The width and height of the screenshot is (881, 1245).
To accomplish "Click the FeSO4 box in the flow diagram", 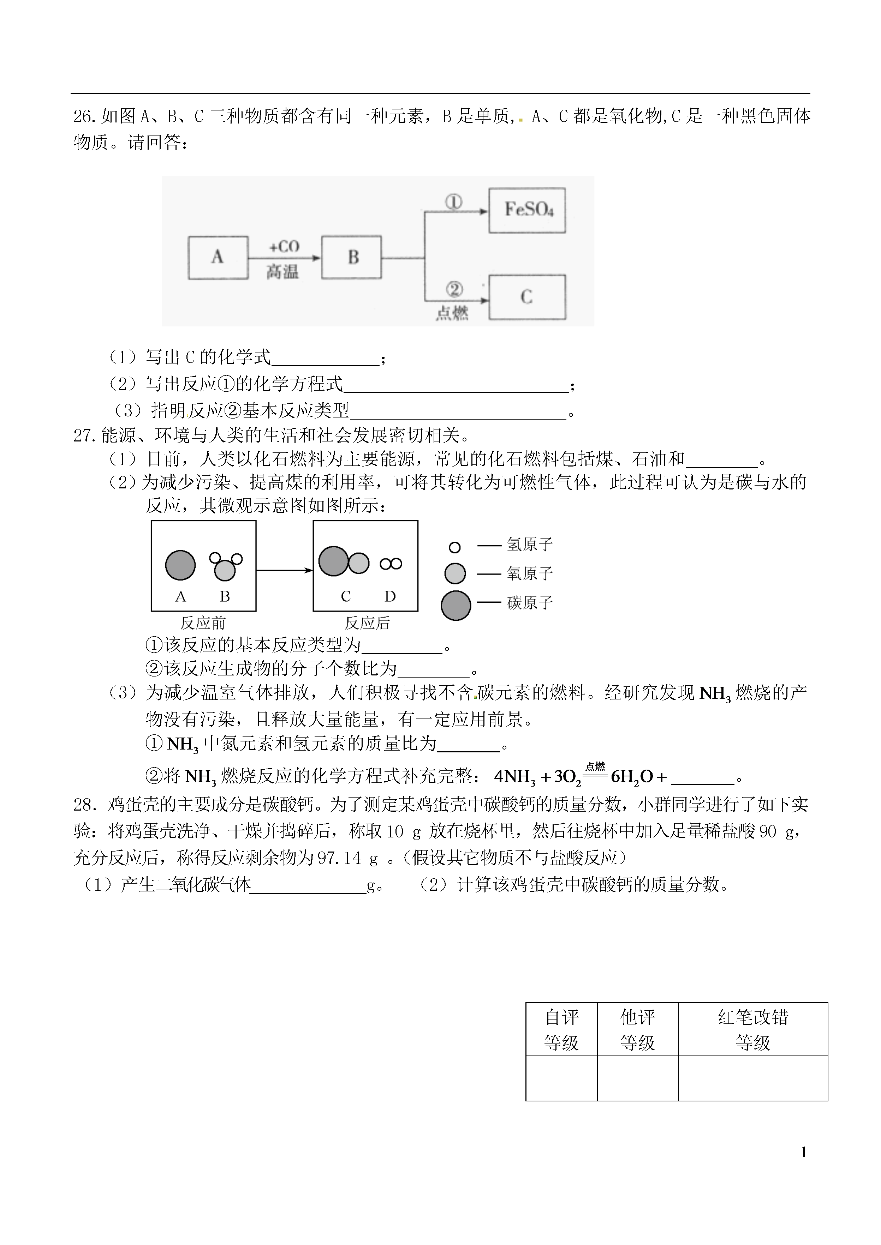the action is pos(527,210).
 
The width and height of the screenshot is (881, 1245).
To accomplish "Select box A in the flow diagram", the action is pos(218,258).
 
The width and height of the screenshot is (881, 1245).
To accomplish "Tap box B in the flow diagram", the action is pos(352,258).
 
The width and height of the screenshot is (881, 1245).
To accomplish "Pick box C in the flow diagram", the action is pos(527,297).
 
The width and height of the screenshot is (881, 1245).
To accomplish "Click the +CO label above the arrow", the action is pos(284,247).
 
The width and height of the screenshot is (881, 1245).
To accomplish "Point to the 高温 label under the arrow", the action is pos(282,271).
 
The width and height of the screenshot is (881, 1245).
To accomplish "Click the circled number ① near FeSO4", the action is pos(453,202).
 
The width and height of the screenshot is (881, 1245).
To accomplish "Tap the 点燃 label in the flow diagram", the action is pos(452,313).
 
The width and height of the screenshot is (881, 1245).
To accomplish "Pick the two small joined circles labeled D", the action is pos(391,564).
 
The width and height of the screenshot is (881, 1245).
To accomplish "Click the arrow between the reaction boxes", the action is pos(284,570).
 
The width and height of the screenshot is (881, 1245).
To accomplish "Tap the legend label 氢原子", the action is pos(529,545).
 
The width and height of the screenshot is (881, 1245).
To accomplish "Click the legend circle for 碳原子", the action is pos(456,605).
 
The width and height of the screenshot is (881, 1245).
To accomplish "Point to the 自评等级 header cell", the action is pos(561,1029).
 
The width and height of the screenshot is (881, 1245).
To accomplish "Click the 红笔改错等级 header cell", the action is pos(753,1029).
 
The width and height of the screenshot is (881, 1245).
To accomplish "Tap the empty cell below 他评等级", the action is pos(637,1077).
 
